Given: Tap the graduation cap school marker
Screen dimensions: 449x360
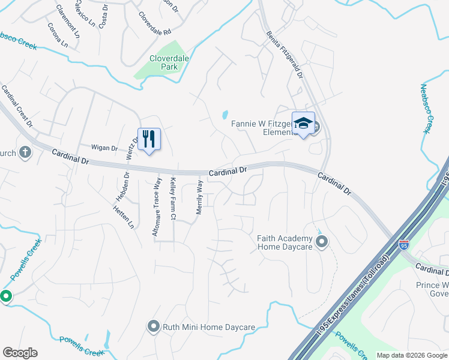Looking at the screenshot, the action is pos(303,124).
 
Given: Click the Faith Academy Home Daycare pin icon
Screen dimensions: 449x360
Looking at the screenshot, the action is pos(322,242).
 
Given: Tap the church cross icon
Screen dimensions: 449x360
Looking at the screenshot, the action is pos(25,152).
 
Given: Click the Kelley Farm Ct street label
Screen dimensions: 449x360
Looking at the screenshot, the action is pos(173,199).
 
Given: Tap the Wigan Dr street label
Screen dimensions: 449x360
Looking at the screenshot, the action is pos(103,147).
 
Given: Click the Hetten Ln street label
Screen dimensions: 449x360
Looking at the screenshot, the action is pos(123,216).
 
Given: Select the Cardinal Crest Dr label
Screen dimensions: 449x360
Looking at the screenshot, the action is pos(17,106).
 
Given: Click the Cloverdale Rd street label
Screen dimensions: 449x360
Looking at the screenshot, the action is pos(155,23).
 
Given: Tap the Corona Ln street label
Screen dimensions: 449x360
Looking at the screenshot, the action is pos(58,37).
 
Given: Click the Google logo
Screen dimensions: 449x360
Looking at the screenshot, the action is pos(20,353).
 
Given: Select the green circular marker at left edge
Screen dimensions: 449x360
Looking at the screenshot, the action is pos(6,296).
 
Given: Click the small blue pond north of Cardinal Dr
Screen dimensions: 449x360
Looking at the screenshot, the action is pos(225,114).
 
